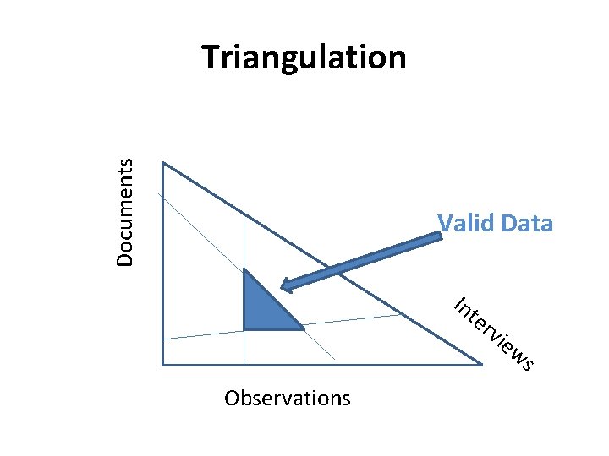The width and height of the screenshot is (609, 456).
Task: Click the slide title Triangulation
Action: pyautogui.click(x=304, y=57)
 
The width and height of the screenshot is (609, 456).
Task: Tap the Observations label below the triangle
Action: pyautogui.click(x=287, y=398)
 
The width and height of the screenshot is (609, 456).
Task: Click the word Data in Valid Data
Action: pyautogui.click(x=526, y=224)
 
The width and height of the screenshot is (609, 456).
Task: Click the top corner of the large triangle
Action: pyautogui.click(x=162, y=163)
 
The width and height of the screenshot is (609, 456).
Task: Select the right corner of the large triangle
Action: pyautogui.click(x=481, y=364)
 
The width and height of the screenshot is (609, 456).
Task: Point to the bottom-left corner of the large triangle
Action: pyautogui.click(x=162, y=364)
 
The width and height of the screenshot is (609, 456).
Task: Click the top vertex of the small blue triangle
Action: pyautogui.click(x=244, y=270)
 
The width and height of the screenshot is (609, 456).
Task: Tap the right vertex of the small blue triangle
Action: pyautogui.click(x=303, y=328)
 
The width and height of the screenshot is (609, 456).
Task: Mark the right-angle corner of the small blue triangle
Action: pyautogui.click(x=244, y=328)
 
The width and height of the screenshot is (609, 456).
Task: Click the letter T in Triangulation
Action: pyautogui.click(x=211, y=57)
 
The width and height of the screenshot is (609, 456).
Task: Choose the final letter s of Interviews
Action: pyautogui.click(x=527, y=364)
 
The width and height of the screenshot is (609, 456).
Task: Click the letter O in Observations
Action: pyautogui.click(x=232, y=398)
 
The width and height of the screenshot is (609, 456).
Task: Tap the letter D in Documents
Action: pyautogui.click(x=125, y=260)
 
